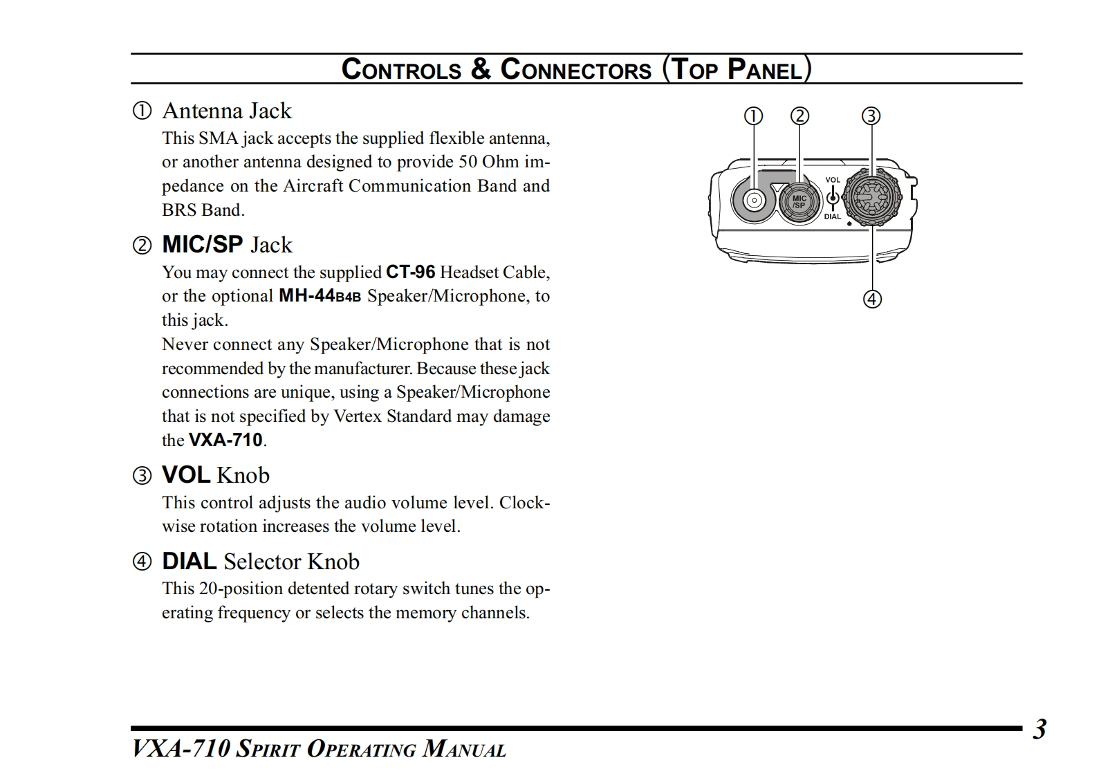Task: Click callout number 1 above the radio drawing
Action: [753, 116]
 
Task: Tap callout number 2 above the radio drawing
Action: [799, 116]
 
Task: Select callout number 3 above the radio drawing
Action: [871, 116]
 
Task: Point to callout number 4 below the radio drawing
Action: [872, 299]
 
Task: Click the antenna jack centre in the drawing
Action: [754, 201]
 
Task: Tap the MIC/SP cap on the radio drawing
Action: [799, 202]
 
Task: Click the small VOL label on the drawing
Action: [833, 180]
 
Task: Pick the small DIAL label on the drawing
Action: [833, 216]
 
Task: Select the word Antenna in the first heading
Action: [203, 111]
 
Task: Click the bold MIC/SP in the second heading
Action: [202, 244]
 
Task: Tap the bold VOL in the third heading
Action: [186, 474]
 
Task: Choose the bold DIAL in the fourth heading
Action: [189, 561]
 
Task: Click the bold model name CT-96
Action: [410, 272]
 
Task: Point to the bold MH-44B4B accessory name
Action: [320, 296]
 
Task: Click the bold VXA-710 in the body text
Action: [225, 440]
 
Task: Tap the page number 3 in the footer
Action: [1039, 730]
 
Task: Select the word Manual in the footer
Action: [464, 749]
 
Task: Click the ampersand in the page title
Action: [481, 69]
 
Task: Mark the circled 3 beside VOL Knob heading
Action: [142, 475]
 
